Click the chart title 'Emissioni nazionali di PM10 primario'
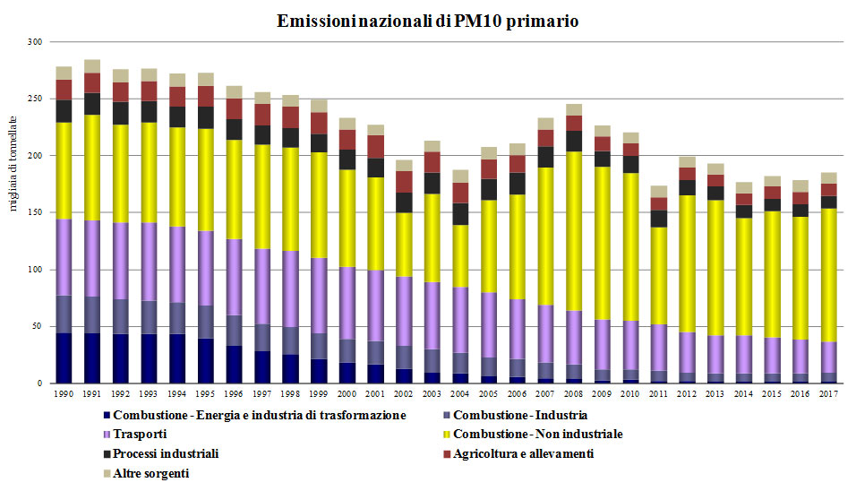pyautogui.click(x=428, y=21)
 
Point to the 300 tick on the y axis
pyautogui.click(x=35, y=42)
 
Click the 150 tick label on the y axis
pyautogui.click(x=35, y=212)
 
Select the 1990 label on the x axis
pyautogui.click(x=64, y=393)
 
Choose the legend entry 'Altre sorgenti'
pyautogui.click(x=150, y=472)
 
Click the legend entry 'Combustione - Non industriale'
pyautogui.click(x=537, y=435)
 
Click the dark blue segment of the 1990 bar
pyautogui.click(x=64, y=358)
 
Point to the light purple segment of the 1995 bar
pyautogui.click(x=204, y=268)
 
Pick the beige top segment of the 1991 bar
pyautogui.click(x=92, y=66)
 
